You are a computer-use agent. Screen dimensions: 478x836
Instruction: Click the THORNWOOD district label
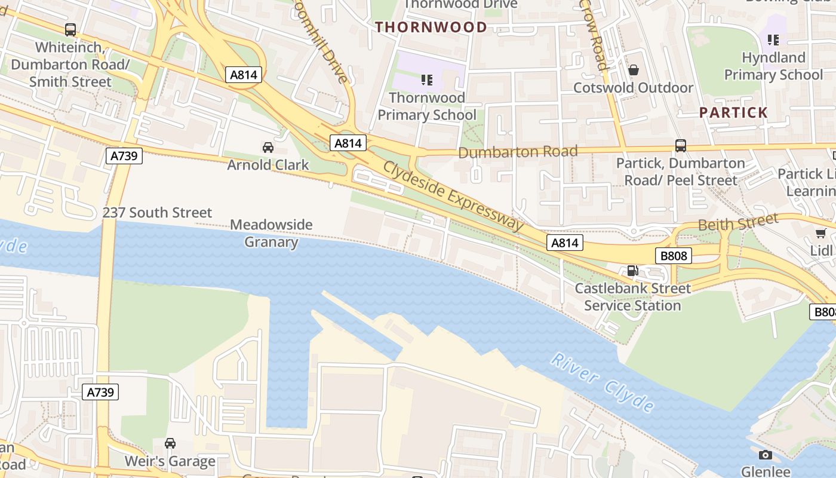(x=431, y=27)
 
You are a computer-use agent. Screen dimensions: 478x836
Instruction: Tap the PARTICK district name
(x=733, y=112)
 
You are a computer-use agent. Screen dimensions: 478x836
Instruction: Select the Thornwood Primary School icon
(x=426, y=79)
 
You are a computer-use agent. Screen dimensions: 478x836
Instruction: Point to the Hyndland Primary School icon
(x=773, y=40)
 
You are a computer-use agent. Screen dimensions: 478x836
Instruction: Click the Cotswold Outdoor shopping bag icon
(x=633, y=71)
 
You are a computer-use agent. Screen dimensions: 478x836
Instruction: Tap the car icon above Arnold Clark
(x=268, y=147)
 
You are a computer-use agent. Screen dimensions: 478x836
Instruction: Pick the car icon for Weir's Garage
(x=170, y=443)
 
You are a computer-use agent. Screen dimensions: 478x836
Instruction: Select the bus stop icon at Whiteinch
(x=70, y=29)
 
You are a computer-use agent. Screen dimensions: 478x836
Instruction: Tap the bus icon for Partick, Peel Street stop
(x=680, y=145)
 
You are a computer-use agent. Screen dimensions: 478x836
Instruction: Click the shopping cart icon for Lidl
(x=821, y=233)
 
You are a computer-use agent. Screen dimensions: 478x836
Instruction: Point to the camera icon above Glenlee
(x=765, y=455)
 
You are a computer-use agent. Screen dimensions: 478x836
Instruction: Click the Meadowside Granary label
(x=271, y=233)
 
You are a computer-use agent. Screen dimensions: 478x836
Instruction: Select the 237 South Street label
(x=157, y=212)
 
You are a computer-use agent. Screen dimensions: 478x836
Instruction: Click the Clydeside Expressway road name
(x=453, y=195)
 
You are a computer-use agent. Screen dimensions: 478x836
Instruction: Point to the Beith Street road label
(x=738, y=222)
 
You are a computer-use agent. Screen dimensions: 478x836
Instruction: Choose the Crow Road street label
(x=594, y=36)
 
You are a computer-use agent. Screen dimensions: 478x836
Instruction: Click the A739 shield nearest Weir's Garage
(x=100, y=392)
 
